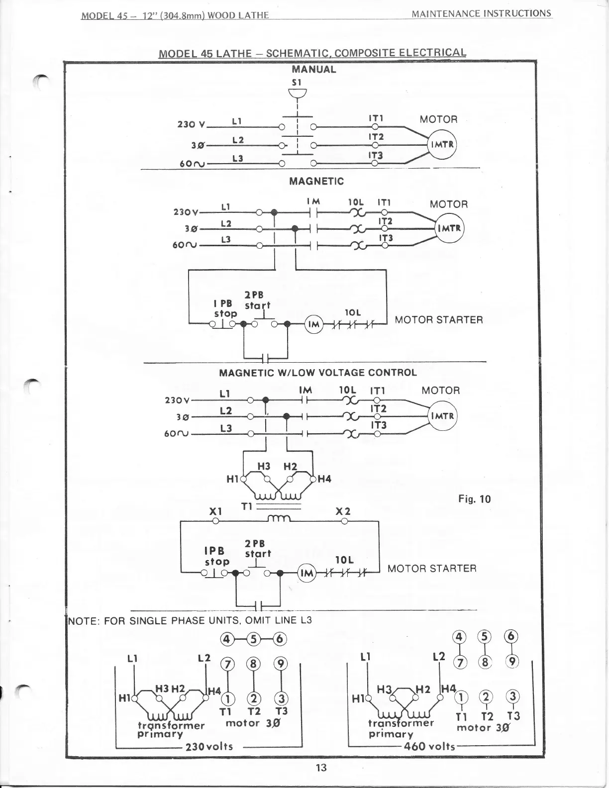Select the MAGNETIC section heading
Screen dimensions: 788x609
(316, 181)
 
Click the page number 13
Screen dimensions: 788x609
(321, 768)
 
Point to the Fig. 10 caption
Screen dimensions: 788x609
(474, 499)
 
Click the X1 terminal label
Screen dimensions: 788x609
(215, 511)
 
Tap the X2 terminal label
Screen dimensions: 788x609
(343, 511)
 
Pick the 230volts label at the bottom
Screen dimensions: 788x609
(209, 747)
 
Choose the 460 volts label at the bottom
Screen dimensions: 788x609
(430, 746)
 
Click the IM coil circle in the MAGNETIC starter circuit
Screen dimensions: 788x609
(313, 324)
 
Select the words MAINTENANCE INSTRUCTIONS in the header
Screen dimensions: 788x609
(482, 13)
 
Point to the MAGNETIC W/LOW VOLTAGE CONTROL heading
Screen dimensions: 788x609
(318, 373)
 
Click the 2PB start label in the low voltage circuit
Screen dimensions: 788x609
(258, 549)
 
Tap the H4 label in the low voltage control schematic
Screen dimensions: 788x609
(324, 479)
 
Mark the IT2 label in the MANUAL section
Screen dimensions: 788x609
(376, 137)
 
